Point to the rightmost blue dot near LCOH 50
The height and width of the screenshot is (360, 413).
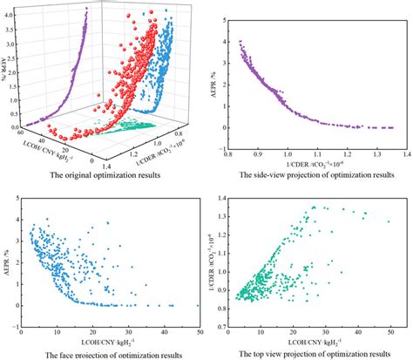(x=199, y=306)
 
